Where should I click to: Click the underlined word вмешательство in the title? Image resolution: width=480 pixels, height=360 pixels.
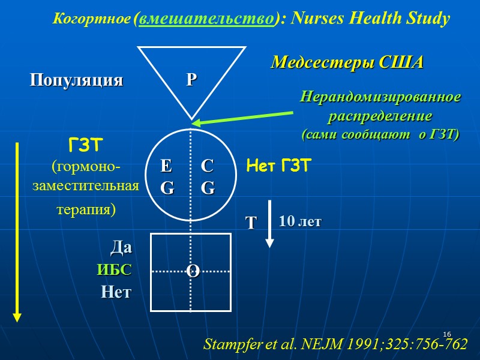[x=206, y=19]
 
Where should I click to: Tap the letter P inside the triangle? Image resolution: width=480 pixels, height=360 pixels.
[x=191, y=80]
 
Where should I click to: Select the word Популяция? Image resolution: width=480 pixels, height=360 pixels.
[x=77, y=80]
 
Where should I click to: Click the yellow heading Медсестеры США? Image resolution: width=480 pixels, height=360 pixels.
[x=347, y=62]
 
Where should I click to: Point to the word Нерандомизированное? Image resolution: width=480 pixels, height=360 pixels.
[x=380, y=97]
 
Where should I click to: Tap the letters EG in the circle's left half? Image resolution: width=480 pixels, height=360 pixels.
[x=167, y=177]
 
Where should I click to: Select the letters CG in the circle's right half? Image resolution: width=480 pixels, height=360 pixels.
[x=208, y=177]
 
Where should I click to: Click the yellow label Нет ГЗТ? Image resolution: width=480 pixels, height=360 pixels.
[x=278, y=166]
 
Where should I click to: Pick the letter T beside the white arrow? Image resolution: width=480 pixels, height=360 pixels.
[x=251, y=224]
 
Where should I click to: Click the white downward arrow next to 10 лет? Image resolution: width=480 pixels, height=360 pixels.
[x=270, y=223]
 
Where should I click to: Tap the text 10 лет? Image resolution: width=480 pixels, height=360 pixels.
[x=300, y=221]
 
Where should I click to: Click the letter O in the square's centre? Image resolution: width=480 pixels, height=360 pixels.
[x=193, y=271]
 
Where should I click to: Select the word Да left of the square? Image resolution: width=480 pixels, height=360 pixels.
[x=121, y=247]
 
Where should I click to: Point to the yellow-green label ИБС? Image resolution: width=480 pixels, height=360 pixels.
[x=114, y=270]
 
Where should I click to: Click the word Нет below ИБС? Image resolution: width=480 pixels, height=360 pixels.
[x=116, y=293]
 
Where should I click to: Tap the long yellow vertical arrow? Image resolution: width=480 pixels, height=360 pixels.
[x=17, y=231]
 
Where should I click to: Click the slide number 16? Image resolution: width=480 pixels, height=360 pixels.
[x=446, y=334]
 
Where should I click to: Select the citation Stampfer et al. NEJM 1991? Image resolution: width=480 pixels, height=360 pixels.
[x=335, y=345]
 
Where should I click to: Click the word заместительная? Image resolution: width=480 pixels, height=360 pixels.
[x=85, y=186]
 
